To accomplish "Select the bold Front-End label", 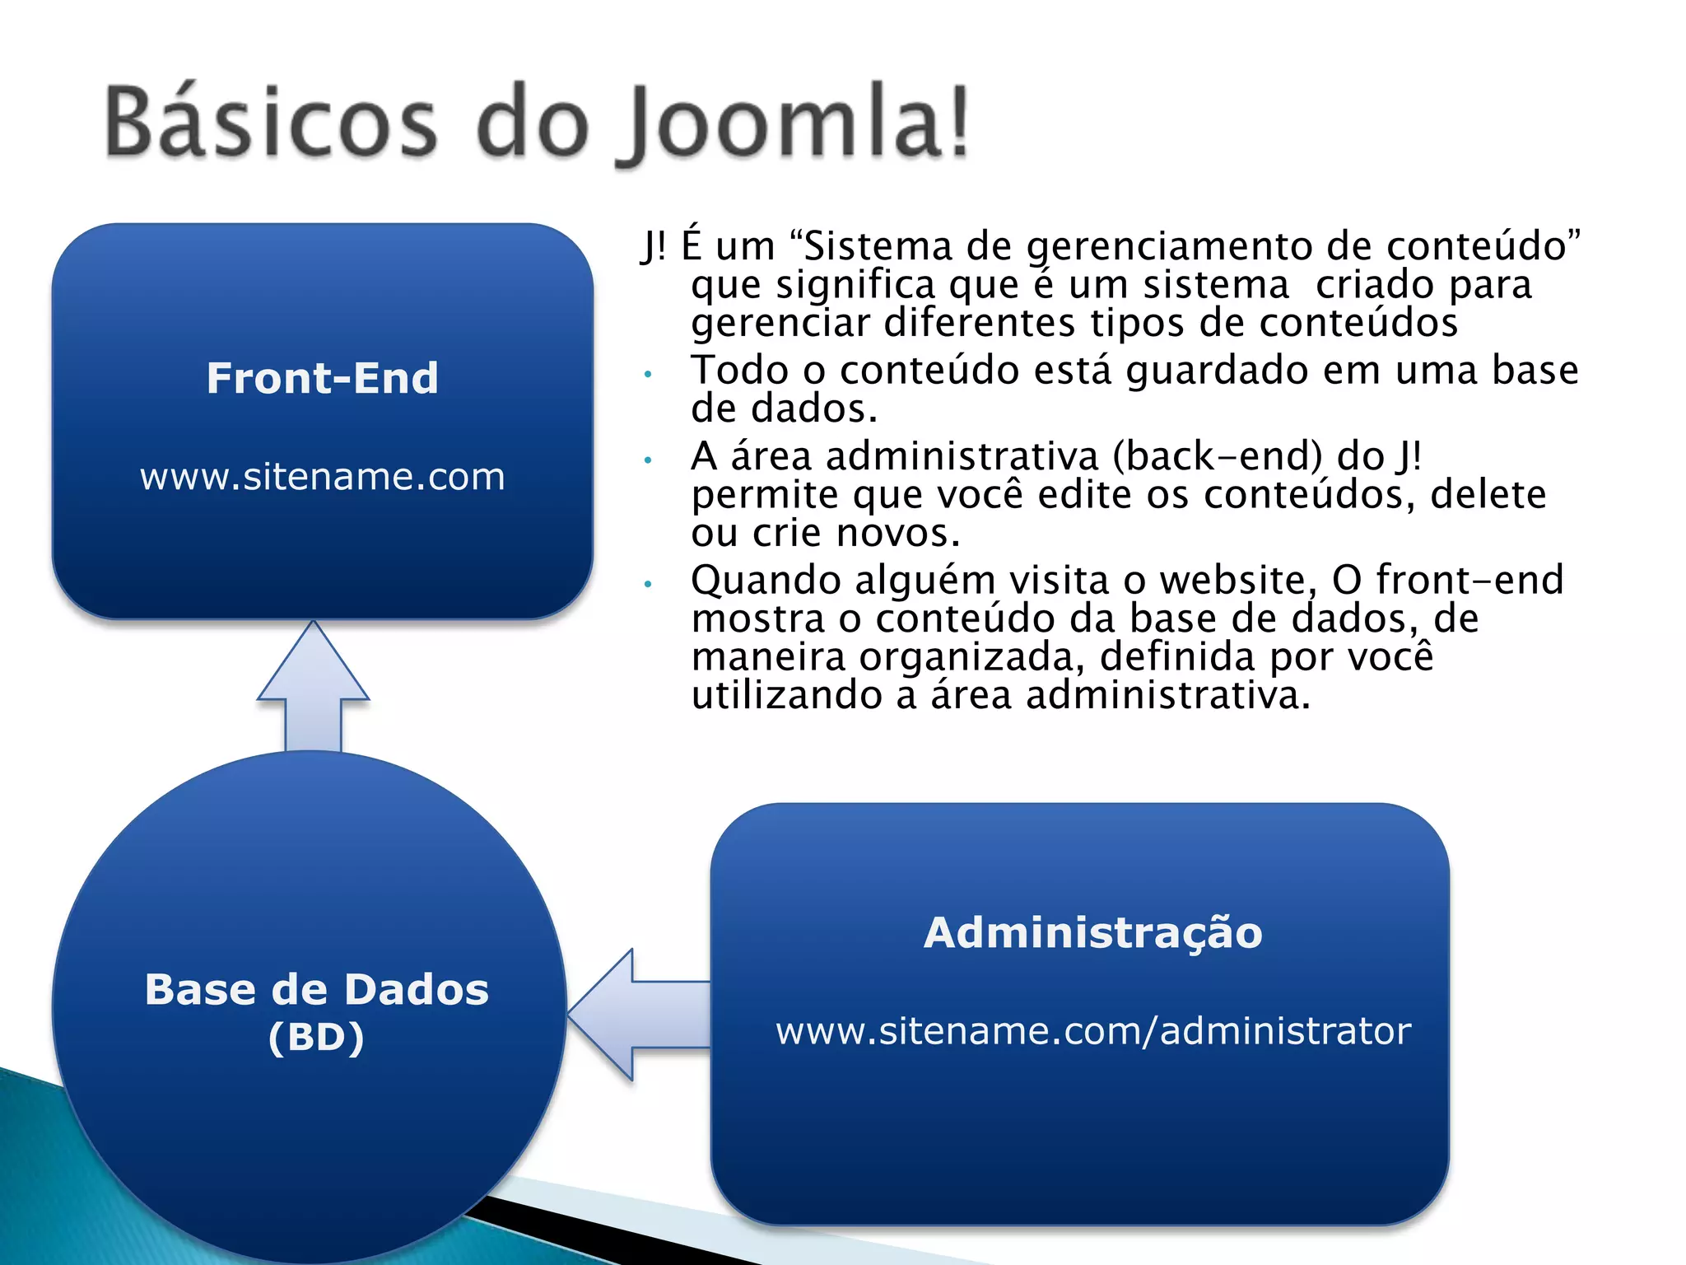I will click(x=322, y=378).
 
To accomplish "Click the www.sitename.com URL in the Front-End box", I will click(x=322, y=477).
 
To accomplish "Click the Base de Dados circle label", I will click(x=317, y=989).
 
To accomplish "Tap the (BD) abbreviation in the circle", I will click(x=316, y=1037).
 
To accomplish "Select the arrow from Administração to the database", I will click(x=638, y=1014).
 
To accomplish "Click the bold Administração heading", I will click(x=1092, y=933).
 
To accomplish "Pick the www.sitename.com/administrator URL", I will click(x=1092, y=1031).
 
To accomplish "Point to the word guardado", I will click(x=1218, y=371).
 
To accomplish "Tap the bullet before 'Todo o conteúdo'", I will click(x=649, y=375).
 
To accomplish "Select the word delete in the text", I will click(x=1488, y=495).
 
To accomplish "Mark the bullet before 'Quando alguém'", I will click(x=649, y=585).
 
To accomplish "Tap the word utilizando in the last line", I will click(x=786, y=695).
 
